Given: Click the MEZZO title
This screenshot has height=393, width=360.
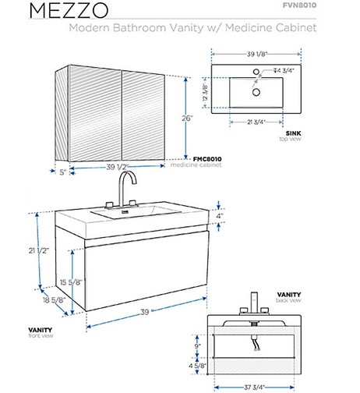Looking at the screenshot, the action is pyautogui.click(x=69, y=11).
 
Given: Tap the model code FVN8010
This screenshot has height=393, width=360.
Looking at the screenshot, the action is pyautogui.click(x=299, y=5).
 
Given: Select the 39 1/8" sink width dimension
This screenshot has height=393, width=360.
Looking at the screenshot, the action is pyautogui.click(x=257, y=54).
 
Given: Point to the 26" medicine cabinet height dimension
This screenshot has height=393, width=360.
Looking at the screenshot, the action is pyautogui.click(x=187, y=119).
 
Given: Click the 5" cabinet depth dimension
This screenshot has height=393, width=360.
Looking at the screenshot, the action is pyautogui.click(x=63, y=172).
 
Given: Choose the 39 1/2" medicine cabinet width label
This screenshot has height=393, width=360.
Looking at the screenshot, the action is pyautogui.click(x=118, y=167).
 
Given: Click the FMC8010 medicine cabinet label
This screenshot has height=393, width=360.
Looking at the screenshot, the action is pyautogui.click(x=207, y=159).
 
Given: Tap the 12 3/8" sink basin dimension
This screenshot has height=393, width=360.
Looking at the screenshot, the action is pyautogui.click(x=205, y=92).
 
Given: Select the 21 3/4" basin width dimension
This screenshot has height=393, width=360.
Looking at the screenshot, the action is pyautogui.click(x=256, y=122).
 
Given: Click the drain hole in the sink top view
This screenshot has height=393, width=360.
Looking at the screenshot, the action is pyautogui.click(x=256, y=92).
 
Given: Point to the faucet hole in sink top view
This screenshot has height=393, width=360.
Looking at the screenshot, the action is pyautogui.click(x=256, y=72).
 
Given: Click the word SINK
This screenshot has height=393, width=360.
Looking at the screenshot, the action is pyautogui.click(x=293, y=133).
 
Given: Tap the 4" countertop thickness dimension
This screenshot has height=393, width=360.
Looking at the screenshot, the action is pyautogui.click(x=220, y=216).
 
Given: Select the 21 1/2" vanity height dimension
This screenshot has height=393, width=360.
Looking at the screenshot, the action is pyautogui.click(x=39, y=250).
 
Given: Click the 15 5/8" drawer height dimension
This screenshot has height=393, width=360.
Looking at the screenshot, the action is pyautogui.click(x=71, y=282).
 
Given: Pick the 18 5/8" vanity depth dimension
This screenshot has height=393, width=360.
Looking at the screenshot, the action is pyautogui.click(x=54, y=300).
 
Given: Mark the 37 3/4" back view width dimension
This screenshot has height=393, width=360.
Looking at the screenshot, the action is pyautogui.click(x=254, y=388).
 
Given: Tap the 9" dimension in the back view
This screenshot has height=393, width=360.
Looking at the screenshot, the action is pyautogui.click(x=198, y=346).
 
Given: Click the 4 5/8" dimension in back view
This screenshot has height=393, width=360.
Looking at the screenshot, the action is pyautogui.click(x=197, y=366).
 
